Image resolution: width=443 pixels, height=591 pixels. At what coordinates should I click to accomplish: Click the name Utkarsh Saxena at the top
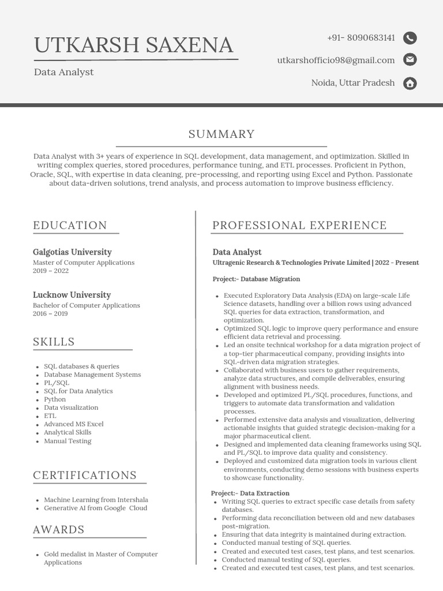click(x=134, y=45)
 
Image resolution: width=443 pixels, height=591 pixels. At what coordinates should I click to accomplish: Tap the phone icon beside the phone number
click(x=410, y=38)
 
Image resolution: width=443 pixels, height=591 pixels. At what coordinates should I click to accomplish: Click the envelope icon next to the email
click(x=410, y=59)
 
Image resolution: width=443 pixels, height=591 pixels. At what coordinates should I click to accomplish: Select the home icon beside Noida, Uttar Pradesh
click(x=410, y=83)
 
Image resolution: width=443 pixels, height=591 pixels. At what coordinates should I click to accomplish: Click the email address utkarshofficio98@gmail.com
click(x=336, y=60)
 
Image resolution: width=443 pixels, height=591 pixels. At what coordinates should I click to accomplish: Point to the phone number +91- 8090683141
click(x=361, y=38)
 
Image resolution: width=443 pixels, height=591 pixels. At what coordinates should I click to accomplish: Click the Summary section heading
click(x=221, y=134)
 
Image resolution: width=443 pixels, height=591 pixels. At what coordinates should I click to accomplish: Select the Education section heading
click(x=70, y=226)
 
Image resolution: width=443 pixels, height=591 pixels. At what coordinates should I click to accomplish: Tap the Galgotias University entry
click(x=72, y=252)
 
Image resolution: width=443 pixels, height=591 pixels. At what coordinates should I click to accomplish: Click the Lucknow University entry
click(x=72, y=295)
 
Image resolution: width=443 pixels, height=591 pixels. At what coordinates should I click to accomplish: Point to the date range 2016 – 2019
click(x=50, y=314)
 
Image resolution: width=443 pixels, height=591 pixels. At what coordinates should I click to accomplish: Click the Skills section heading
click(x=54, y=342)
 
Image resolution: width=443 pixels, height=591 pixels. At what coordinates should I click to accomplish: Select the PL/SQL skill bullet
click(x=57, y=383)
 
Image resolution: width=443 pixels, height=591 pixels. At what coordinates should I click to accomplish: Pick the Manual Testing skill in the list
click(x=67, y=441)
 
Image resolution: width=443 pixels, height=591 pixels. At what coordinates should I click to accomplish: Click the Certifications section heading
click(x=85, y=476)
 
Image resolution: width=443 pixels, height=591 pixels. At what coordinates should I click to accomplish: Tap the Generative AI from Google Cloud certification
click(x=96, y=508)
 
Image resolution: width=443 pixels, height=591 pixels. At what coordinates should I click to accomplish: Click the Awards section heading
click(x=59, y=530)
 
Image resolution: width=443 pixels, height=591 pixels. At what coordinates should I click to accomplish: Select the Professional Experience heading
click(x=299, y=226)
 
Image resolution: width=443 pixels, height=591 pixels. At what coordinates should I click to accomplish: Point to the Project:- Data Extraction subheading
click(x=250, y=493)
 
